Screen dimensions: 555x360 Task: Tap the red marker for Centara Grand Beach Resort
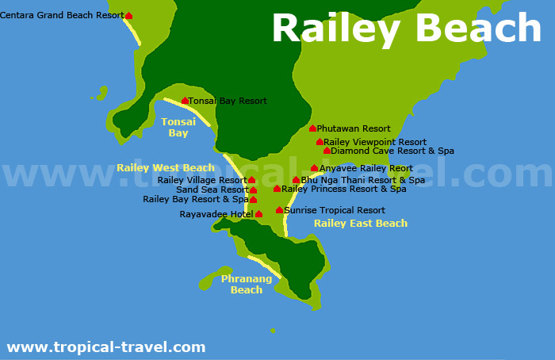point(129,16)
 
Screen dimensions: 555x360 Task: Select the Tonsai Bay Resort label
point(228,101)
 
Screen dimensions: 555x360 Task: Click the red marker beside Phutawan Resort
point(312,128)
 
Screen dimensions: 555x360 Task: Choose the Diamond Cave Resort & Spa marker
point(327,151)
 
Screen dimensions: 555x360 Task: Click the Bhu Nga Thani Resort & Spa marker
point(296,180)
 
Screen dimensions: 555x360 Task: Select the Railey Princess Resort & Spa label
point(344,189)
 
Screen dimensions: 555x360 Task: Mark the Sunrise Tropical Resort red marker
point(279,210)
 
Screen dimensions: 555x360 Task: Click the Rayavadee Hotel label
point(216,214)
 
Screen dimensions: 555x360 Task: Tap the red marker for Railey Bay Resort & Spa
point(254,200)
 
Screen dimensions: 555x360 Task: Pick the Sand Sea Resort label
point(212,190)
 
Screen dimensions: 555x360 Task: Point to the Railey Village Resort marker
point(252,180)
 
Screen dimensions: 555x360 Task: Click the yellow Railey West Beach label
point(166,168)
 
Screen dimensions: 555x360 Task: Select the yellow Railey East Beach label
point(361,224)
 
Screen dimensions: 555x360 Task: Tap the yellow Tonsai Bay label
point(178,128)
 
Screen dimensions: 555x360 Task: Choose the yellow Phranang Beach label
point(247,284)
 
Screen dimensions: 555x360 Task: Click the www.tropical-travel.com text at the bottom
point(106,347)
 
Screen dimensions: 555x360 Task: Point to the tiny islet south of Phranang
point(273,331)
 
